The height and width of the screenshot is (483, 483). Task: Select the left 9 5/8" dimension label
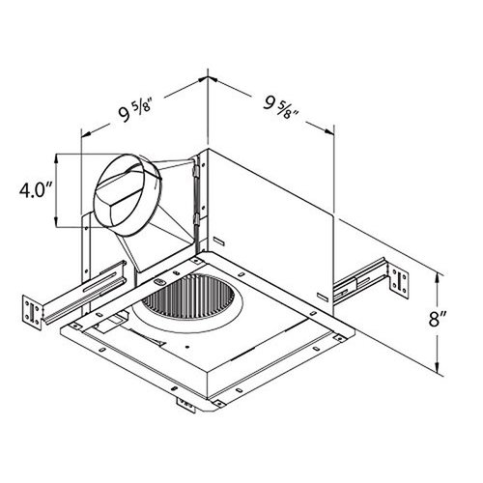[134, 111]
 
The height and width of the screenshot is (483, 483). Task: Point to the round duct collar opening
[128, 194]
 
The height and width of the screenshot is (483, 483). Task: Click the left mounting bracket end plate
[33, 312]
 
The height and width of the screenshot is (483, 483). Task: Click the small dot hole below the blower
[188, 348]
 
